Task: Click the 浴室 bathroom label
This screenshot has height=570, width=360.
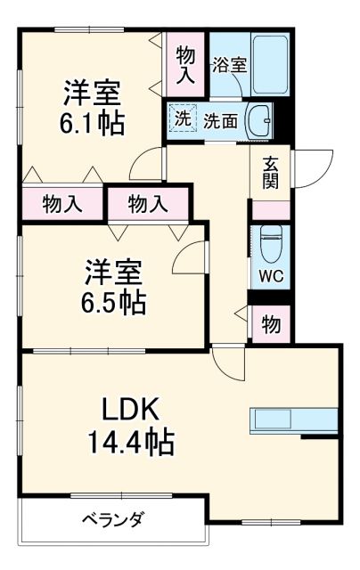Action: click(x=229, y=64)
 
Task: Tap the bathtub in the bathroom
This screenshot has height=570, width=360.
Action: click(x=269, y=64)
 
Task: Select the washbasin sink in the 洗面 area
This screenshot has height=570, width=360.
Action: click(x=259, y=119)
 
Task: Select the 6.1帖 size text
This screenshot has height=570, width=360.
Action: click(x=92, y=122)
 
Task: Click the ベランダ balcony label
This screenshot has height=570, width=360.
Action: click(x=113, y=520)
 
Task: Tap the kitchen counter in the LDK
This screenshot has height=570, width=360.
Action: click(x=294, y=419)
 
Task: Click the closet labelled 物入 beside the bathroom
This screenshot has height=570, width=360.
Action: click(x=185, y=64)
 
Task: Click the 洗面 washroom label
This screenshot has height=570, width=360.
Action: click(x=220, y=119)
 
